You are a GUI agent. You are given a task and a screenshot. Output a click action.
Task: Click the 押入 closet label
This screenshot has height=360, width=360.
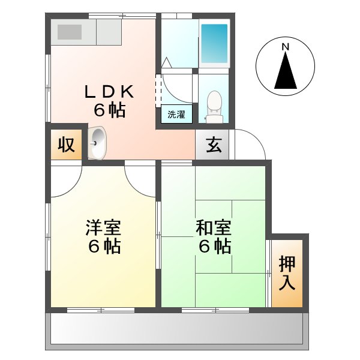coord(287,273)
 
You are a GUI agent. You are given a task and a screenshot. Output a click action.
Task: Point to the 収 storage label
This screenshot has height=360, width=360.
coord(65,145)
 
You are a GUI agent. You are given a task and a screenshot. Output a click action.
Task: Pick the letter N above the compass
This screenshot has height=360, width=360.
coord(286,46)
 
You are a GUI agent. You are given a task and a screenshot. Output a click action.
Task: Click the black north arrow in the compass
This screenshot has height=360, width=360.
coord(286,70)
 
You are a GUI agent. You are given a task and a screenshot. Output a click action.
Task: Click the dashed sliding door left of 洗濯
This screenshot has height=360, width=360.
coord(158,90)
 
